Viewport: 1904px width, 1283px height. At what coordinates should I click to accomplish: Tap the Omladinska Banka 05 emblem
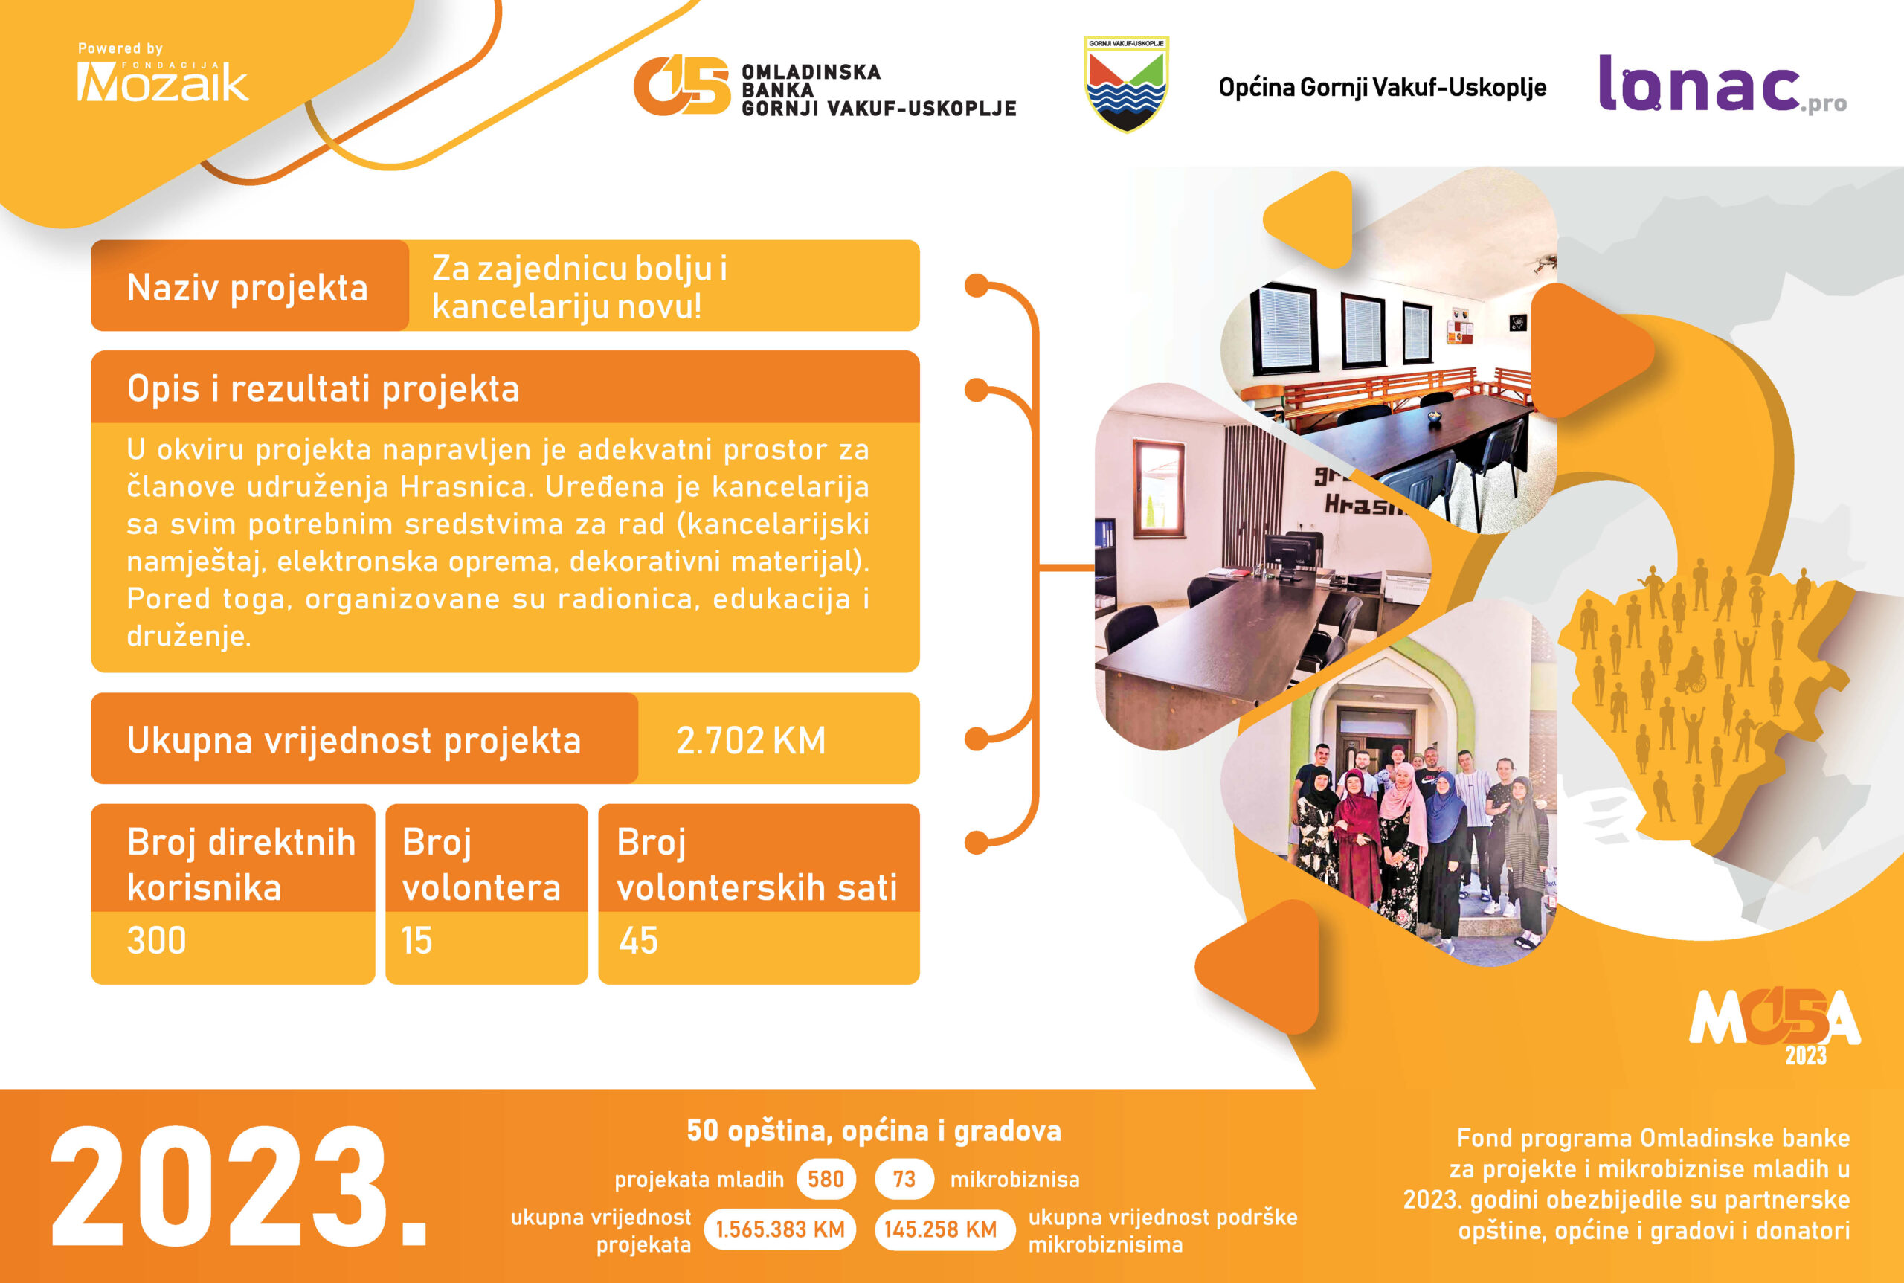coord(681,85)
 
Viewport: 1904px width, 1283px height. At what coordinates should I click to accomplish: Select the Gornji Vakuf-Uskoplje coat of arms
coord(1126,83)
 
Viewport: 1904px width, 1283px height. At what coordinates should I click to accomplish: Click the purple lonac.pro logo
coord(1722,83)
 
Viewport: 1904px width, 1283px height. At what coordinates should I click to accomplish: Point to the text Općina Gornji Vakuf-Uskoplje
coord(1382,87)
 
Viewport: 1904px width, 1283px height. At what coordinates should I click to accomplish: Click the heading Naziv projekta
coord(247,288)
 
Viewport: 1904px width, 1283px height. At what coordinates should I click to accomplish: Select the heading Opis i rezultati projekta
coord(324,389)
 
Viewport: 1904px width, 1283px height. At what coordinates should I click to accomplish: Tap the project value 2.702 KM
coord(750,741)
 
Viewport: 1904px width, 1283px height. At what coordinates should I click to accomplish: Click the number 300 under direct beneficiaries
coord(156,940)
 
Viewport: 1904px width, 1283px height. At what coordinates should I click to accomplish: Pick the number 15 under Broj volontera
coord(416,940)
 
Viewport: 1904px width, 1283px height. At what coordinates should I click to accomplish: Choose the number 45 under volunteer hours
coord(638,940)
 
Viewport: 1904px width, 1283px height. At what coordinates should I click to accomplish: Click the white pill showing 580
coord(826,1179)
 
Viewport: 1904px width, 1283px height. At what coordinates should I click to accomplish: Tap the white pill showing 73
coord(904,1179)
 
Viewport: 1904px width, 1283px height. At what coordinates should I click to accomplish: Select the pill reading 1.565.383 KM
coord(779,1229)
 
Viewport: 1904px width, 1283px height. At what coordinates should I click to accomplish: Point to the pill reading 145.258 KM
coord(940,1229)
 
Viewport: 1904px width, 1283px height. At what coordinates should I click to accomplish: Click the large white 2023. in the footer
coord(239,1187)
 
